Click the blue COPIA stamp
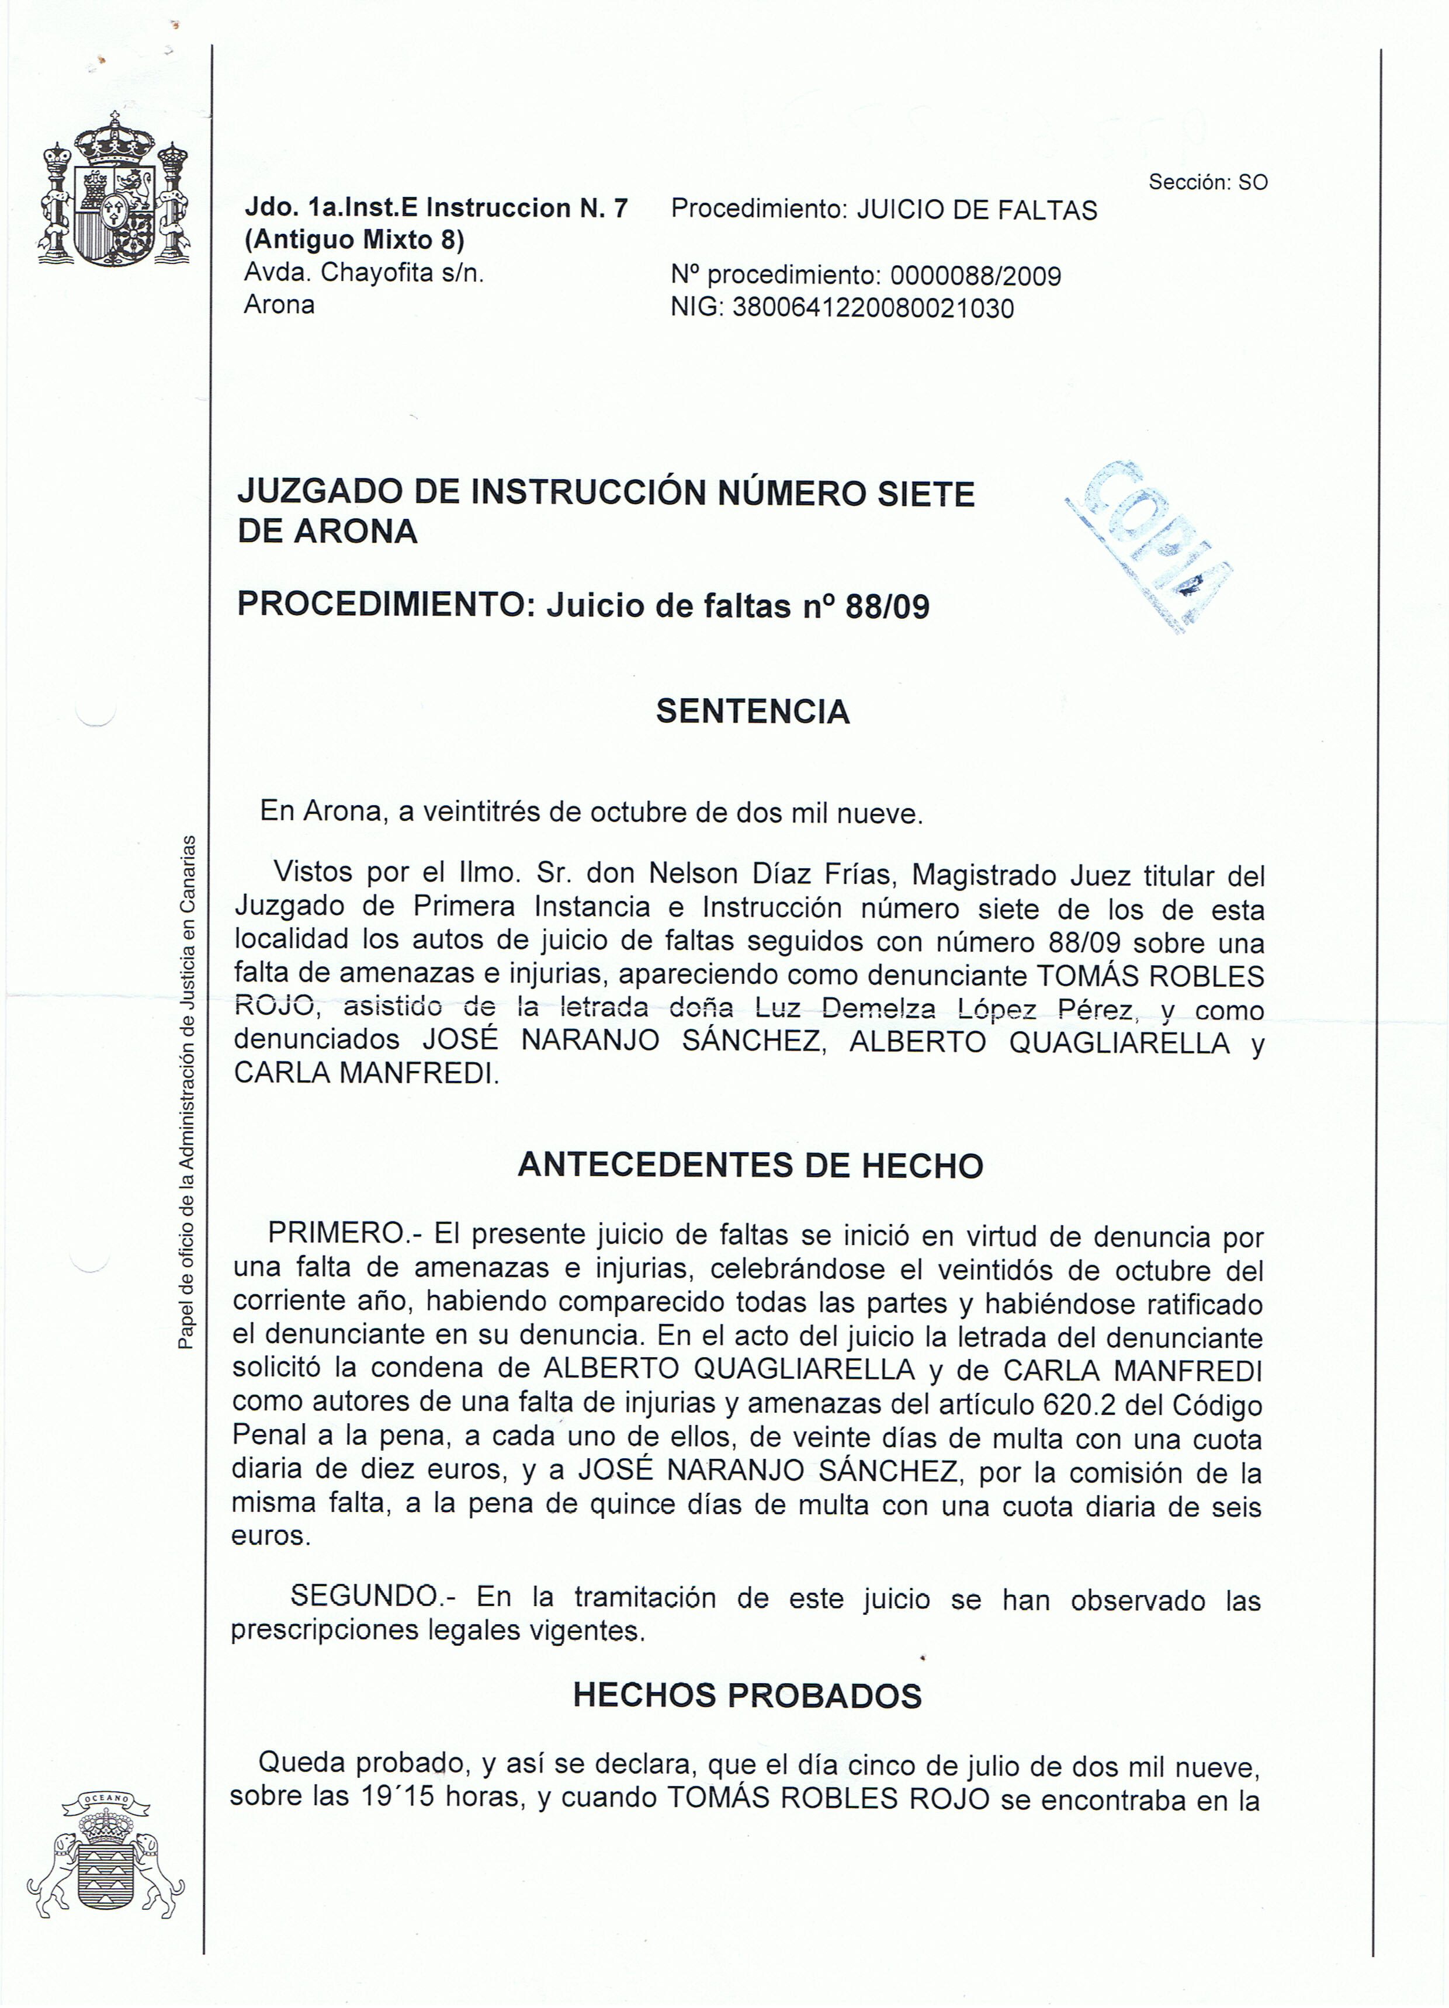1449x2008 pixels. (1152, 545)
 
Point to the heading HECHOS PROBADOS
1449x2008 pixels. (747, 1695)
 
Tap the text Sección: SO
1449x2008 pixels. (1208, 182)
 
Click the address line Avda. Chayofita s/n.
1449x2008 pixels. (364, 273)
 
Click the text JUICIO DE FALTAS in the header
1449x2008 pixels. (977, 211)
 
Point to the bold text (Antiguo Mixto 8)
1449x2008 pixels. (354, 240)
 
